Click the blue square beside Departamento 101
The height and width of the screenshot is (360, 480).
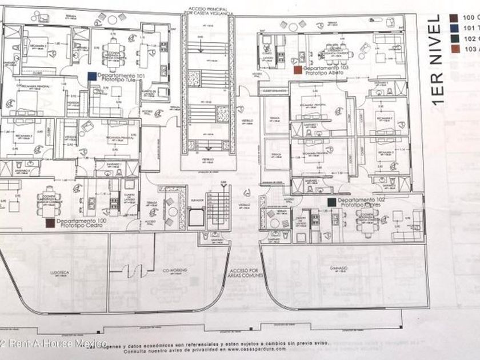tap(91, 75)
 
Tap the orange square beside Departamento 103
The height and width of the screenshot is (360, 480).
tap(297, 69)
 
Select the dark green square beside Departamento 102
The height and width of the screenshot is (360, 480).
tap(331, 202)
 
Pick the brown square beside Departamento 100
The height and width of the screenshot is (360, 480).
tap(50, 222)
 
